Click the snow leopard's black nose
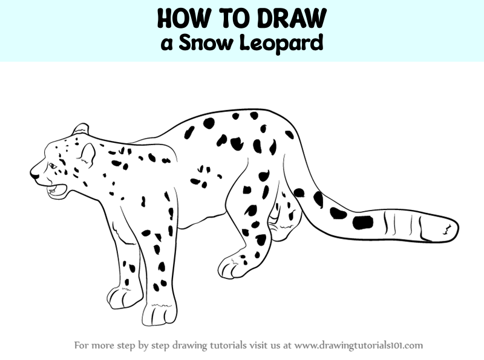[34, 175]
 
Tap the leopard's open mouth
[56, 191]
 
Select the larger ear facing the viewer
[87, 155]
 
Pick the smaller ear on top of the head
[80, 129]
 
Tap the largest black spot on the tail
[362, 221]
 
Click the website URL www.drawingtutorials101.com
[358, 345]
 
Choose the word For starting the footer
[82, 345]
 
